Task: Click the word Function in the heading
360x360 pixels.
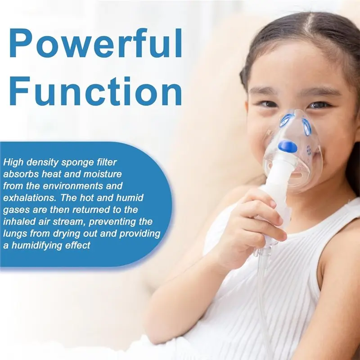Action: (96, 91)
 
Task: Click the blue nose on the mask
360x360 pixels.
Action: (287, 146)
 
